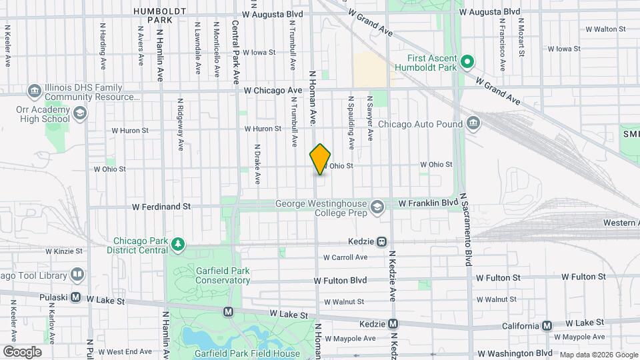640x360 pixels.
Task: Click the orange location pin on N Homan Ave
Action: click(320, 159)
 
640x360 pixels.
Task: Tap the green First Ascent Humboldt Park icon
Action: click(468, 62)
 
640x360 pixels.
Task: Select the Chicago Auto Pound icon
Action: click(473, 123)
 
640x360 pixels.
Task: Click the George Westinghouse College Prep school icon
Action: click(378, 207)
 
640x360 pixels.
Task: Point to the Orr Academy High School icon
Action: click(80, 113)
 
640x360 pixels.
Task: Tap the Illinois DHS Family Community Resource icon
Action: click(35, 90)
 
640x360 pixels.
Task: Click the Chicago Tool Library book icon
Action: click(77, 275)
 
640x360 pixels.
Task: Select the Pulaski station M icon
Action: click(76, 297)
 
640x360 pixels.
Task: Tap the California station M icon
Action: click(547, 325)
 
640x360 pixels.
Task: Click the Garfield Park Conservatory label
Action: click(203, 275)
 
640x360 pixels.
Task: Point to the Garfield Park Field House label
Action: click(247, 353)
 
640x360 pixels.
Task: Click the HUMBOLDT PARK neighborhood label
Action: click(153, 15)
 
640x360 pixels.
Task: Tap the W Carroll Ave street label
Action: click(345, 257)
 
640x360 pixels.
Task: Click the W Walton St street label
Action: click(605, 29)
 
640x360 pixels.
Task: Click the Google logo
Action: click(22, 351)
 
